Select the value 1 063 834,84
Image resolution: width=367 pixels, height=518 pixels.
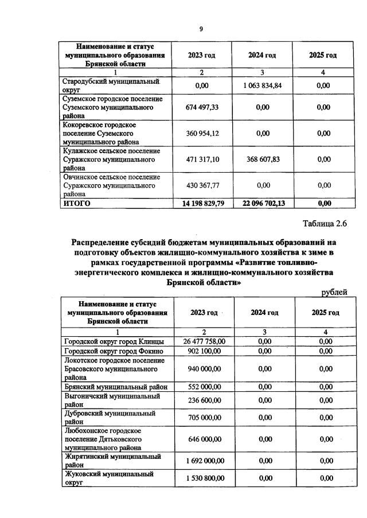[262, 85]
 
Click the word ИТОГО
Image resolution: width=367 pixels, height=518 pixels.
[77, 203]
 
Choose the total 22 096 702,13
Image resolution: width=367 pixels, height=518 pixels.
[262, 203]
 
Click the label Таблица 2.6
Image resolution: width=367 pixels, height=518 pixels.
[325, 224]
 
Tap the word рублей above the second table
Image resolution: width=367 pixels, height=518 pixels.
[334, 292]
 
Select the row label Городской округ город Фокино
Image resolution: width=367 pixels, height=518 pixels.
[114, 351]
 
